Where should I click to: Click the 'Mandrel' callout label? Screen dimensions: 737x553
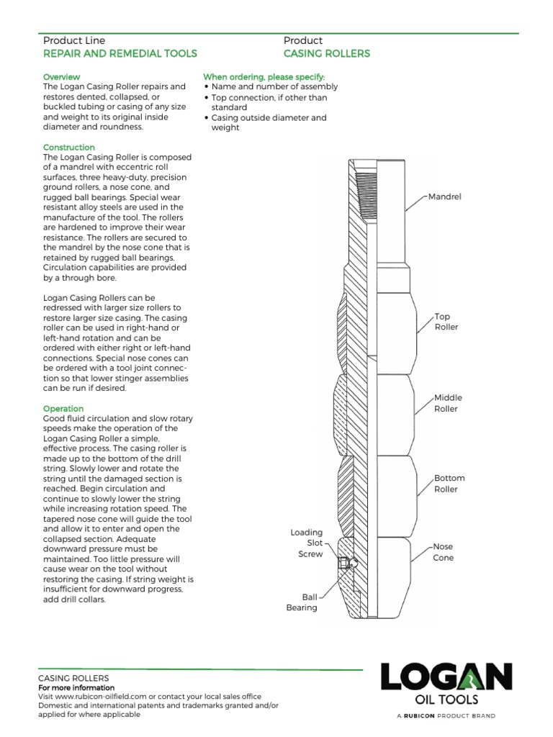444,196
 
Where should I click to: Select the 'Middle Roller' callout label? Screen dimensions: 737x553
447,403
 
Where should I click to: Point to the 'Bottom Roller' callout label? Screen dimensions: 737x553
449,484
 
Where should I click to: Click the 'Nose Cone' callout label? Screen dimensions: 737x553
444,552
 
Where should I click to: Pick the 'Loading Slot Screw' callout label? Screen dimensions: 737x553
306,543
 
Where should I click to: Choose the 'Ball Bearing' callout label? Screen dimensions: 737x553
302,602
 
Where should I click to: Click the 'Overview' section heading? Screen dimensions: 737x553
61,76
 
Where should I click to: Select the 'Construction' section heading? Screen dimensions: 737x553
69,147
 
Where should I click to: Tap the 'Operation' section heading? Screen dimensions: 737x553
63,409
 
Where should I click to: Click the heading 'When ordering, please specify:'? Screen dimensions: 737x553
264,76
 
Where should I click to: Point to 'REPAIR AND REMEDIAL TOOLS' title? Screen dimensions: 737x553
120,54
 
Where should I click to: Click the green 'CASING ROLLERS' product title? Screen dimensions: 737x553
326,54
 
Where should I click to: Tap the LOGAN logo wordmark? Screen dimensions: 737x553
446,679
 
